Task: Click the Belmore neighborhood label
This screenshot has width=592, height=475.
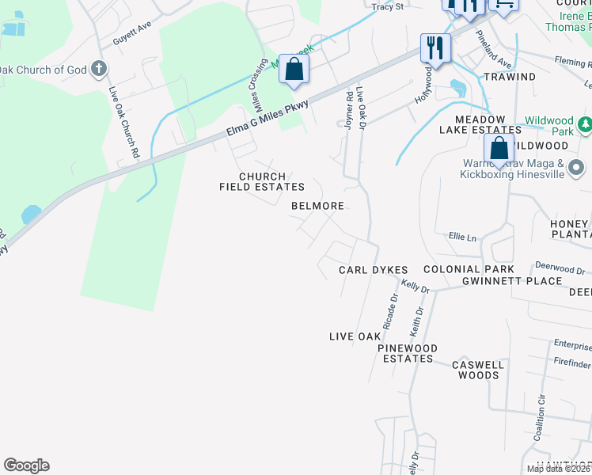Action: pyautogui.click(x=317, y=206)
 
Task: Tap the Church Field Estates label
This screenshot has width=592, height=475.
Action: pyautogui.click(x=262, y=181)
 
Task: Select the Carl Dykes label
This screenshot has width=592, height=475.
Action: pyautogui.click(x=374, y=270)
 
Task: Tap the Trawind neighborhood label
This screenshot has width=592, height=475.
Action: pyautogui.click(x=509, y=77)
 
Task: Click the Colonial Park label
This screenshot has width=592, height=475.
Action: pyautogui.click(x=469, y=270)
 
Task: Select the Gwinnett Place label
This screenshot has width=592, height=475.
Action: pyautogui.click(x=512, y=281)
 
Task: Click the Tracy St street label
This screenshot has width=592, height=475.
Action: pyautogui.click(x=388, y=6)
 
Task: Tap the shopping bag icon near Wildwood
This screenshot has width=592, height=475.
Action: pyautogui.click(x=499, y=147)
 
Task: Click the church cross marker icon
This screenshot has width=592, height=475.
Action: pyautogui.click(x=99, y=69)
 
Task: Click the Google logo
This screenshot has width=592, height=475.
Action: pyautogui.click(x=26, y=465)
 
